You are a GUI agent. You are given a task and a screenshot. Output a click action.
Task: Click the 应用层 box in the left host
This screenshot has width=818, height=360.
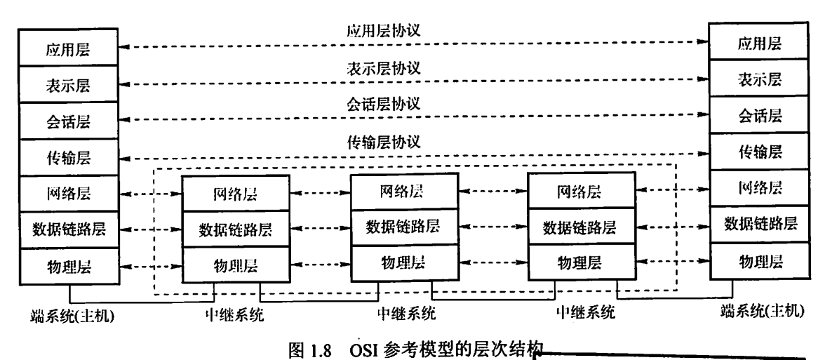pyautogui.click(x=69, y=49)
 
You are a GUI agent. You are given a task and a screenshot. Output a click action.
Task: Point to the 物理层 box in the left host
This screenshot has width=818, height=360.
pyautogui.click(x=69, y=266)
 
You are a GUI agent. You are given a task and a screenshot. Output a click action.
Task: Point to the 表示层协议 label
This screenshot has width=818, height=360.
pyautogui.click(x=383, y=68)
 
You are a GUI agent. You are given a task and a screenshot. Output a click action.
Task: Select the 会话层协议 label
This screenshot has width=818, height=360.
pyautogui.click(x=383, y=105)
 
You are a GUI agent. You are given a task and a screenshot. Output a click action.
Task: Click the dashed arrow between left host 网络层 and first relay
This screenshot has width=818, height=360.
pyautogui.click(x=151, y=194)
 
